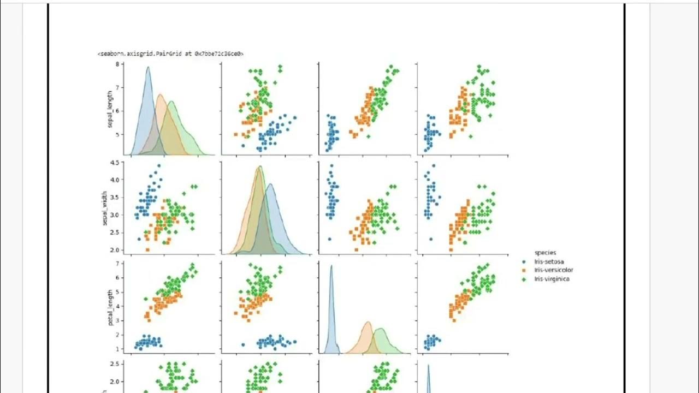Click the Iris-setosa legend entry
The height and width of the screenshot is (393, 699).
[550, 261]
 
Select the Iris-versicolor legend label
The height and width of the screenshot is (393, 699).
[554, 270]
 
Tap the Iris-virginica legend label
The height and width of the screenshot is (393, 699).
[553, 279]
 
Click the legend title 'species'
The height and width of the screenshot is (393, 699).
[545, 252]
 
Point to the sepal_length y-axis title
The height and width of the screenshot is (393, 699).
[110, 106]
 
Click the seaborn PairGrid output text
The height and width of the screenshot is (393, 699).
[170, 54]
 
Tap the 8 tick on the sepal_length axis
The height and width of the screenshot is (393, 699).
[117, 64]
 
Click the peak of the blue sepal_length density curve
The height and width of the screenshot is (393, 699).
[148, 67]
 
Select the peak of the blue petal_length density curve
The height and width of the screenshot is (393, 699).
[331, 266]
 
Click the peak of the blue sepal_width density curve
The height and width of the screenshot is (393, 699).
[270, 184]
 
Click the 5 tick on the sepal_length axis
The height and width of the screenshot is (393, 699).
[117, 134]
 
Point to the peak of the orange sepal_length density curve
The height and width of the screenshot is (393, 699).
[160, 94]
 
